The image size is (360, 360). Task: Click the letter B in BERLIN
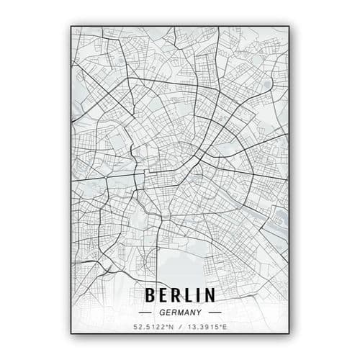150,295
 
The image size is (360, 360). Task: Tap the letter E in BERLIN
163,295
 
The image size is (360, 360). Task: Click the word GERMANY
180,312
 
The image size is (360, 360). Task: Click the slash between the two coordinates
179,328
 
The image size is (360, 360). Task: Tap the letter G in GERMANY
162,312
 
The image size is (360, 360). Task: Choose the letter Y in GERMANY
198,312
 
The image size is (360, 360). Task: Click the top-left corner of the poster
71,27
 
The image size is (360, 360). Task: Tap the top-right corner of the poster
289,27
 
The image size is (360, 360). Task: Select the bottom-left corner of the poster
71,334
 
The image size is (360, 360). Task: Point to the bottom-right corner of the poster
289,334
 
